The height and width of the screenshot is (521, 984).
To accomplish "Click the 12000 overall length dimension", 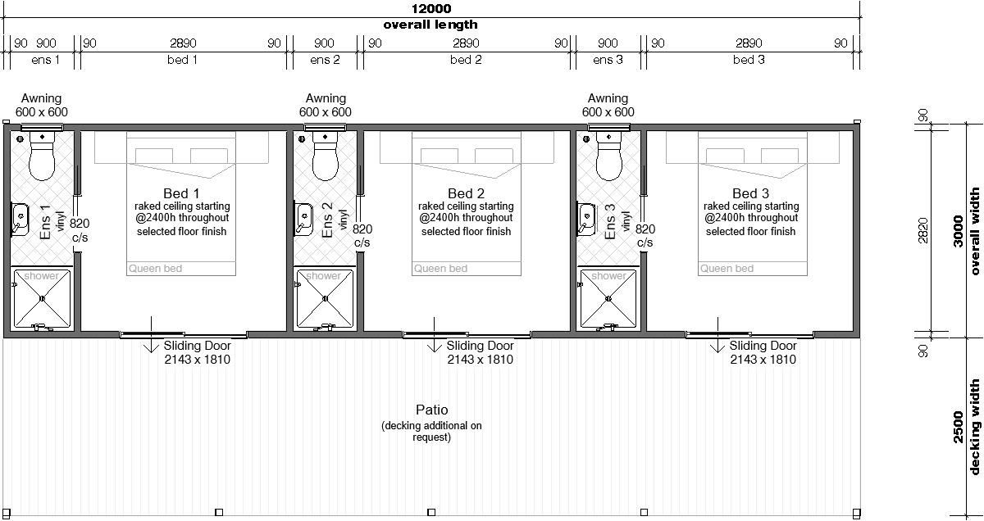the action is tap(431, 8).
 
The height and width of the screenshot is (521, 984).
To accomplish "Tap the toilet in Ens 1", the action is tap(42, 156).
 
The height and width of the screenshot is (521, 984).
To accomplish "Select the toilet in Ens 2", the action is tap(325, 156).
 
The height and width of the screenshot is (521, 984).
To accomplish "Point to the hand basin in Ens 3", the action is tap(586, 219).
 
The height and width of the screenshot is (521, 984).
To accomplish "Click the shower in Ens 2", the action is tap(325, 298).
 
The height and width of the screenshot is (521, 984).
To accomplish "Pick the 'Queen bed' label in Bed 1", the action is tap(155, 268).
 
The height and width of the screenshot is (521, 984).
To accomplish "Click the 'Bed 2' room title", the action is tap(466, 193).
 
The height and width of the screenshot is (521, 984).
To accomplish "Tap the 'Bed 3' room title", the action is tap(751, 193).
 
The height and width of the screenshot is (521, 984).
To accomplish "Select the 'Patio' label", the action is tap(432, 410).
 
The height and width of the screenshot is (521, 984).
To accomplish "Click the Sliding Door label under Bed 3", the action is tap(763, 352).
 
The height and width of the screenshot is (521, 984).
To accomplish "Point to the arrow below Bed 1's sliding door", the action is tap(152, 334).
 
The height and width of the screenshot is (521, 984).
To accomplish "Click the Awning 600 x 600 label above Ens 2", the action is tap(326, 105).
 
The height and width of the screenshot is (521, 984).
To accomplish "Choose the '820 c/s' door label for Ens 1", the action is tap(80, 230).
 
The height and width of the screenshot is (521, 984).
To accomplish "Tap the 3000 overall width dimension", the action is tap(967, 231).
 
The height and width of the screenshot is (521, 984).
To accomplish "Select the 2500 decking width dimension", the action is tap(967, 428).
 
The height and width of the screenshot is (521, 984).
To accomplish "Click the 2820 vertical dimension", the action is tap(923, 230).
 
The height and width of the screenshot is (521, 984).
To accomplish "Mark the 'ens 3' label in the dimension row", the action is tap(608, 60).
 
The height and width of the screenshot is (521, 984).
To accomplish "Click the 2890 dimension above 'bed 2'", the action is tap(466, 43).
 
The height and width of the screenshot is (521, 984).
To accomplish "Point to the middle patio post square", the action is tap(431, 512).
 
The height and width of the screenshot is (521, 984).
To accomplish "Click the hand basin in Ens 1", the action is tap(20, 219).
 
